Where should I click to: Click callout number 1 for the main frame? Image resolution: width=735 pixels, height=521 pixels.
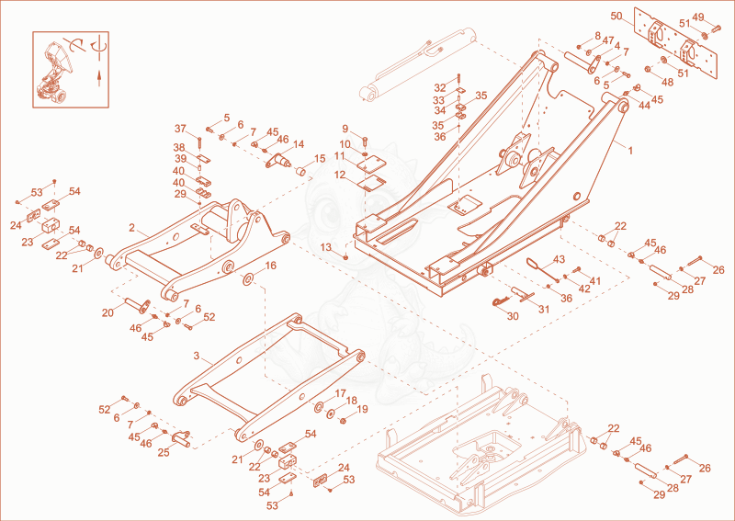click(x=630, y=151)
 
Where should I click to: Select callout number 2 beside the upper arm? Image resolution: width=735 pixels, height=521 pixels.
click(x=131, y=228)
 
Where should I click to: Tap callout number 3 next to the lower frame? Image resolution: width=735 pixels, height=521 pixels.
click(x=197, y=356)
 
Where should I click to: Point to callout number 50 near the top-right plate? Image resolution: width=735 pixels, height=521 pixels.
click(x=616, y=17)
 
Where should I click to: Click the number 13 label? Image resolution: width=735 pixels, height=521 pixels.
click(x=325, y=247)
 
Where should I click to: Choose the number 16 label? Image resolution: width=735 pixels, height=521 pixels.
click(x=270, y=266)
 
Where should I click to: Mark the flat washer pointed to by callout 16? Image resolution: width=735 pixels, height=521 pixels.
click(x=247, y=279)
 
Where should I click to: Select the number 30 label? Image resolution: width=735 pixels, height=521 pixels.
click(x=513, y=316)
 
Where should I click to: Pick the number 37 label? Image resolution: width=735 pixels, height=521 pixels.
click(x=180, y=129)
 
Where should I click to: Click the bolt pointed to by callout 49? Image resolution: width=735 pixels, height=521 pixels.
click(x=717, y=28)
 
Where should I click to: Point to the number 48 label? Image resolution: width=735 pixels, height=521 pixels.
click(x=667, y=83)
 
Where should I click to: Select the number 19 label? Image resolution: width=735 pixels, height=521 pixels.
click(x=362, y=410)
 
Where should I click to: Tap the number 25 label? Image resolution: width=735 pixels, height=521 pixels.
click(x=163, y=451)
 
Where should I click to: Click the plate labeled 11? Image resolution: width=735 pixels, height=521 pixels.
click(x=371, y=165)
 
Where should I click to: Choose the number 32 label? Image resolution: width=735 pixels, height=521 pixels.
click(x=440, y=87)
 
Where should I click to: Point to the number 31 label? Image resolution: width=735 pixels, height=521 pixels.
click(x=544, y=310)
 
